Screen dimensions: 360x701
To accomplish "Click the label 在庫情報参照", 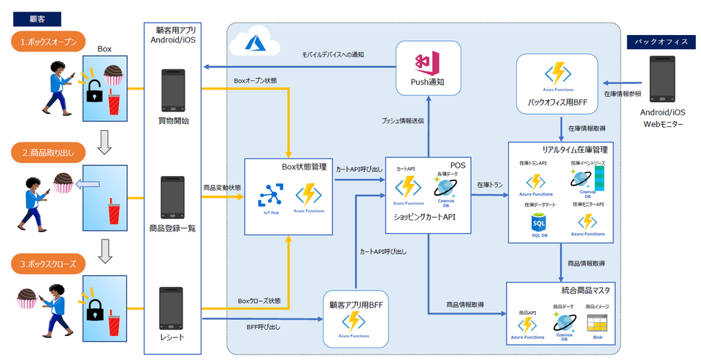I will (622, 94).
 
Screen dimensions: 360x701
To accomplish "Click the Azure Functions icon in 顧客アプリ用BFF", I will (354, 322).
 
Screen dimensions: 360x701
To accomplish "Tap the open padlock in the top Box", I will (94, 92).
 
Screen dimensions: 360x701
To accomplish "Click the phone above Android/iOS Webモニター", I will (662, 80).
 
